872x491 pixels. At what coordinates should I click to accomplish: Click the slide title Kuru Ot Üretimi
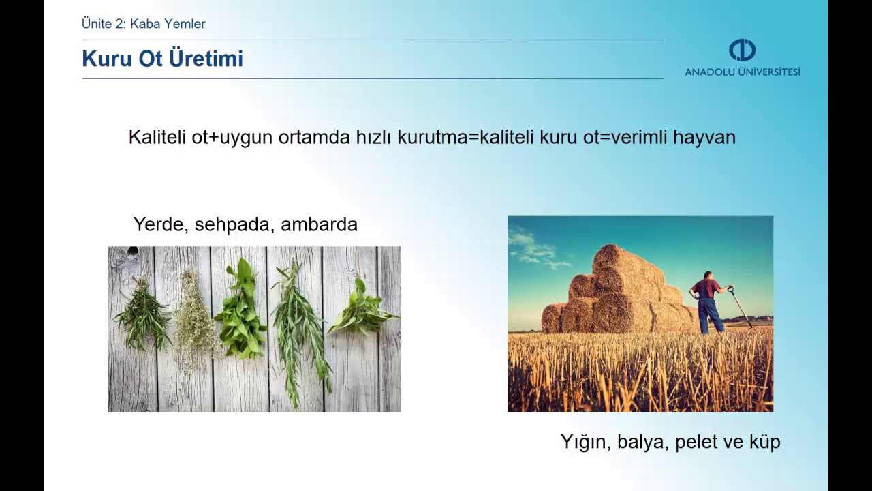162,59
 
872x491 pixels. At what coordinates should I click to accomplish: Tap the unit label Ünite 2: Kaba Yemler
143,24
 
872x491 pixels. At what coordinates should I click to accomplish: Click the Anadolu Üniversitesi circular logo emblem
742,50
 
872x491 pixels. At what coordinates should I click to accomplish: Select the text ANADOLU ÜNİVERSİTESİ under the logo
742,72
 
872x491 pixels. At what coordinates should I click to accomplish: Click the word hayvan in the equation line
704,137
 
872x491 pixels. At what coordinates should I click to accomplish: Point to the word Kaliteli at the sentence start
157,137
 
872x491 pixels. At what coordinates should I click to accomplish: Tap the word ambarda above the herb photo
319,224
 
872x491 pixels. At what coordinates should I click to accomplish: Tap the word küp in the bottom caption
765,442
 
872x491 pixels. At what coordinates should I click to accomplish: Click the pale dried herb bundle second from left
194,317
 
